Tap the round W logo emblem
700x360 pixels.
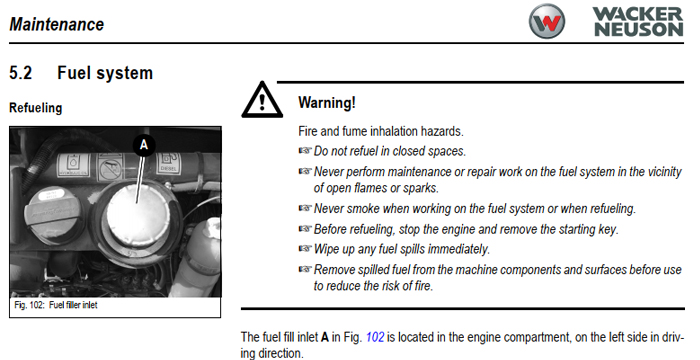click(550, 22)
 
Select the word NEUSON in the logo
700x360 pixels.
click(639, 30)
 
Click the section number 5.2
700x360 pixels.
click(22, 72)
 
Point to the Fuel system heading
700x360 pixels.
click(105, 72)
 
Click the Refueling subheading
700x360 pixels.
click(35, 106)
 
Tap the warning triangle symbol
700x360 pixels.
click(262, 100)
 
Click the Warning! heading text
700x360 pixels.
click(327, 103)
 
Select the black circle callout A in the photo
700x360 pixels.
click(143, 146)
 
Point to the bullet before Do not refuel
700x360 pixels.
click(305, 151)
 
